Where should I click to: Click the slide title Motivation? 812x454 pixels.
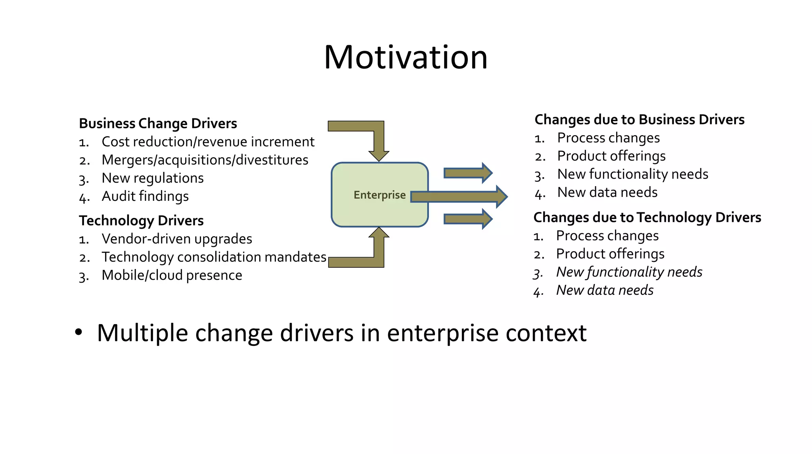[x=406, y=57]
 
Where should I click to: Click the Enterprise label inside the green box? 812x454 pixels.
[x=379, y=195]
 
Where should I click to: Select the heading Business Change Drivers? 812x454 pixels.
[x=158, y=124]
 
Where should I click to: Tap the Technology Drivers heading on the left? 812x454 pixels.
[x=141, y=221]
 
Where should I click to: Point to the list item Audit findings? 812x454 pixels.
[x=145, y=196]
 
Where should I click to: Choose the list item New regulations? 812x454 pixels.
[x=153, y=178]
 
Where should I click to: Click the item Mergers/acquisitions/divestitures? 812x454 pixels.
[x=205, y=160]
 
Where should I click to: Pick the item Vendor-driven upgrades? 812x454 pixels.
[x=177, y=239]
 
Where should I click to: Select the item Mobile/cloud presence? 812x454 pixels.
[x=172, y=275]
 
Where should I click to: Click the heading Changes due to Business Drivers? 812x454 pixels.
[x=640, y=120]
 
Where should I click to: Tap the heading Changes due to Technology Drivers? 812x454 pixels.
[x=647, y=217]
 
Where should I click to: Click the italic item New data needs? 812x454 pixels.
[x=605, y=290]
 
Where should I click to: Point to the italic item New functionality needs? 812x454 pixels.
[x=629, y=272]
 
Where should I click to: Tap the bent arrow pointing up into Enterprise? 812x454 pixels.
[x=378, y=252]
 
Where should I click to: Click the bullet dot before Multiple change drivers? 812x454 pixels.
[x=79, y=332]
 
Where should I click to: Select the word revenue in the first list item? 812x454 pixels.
[x=222, y=142]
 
